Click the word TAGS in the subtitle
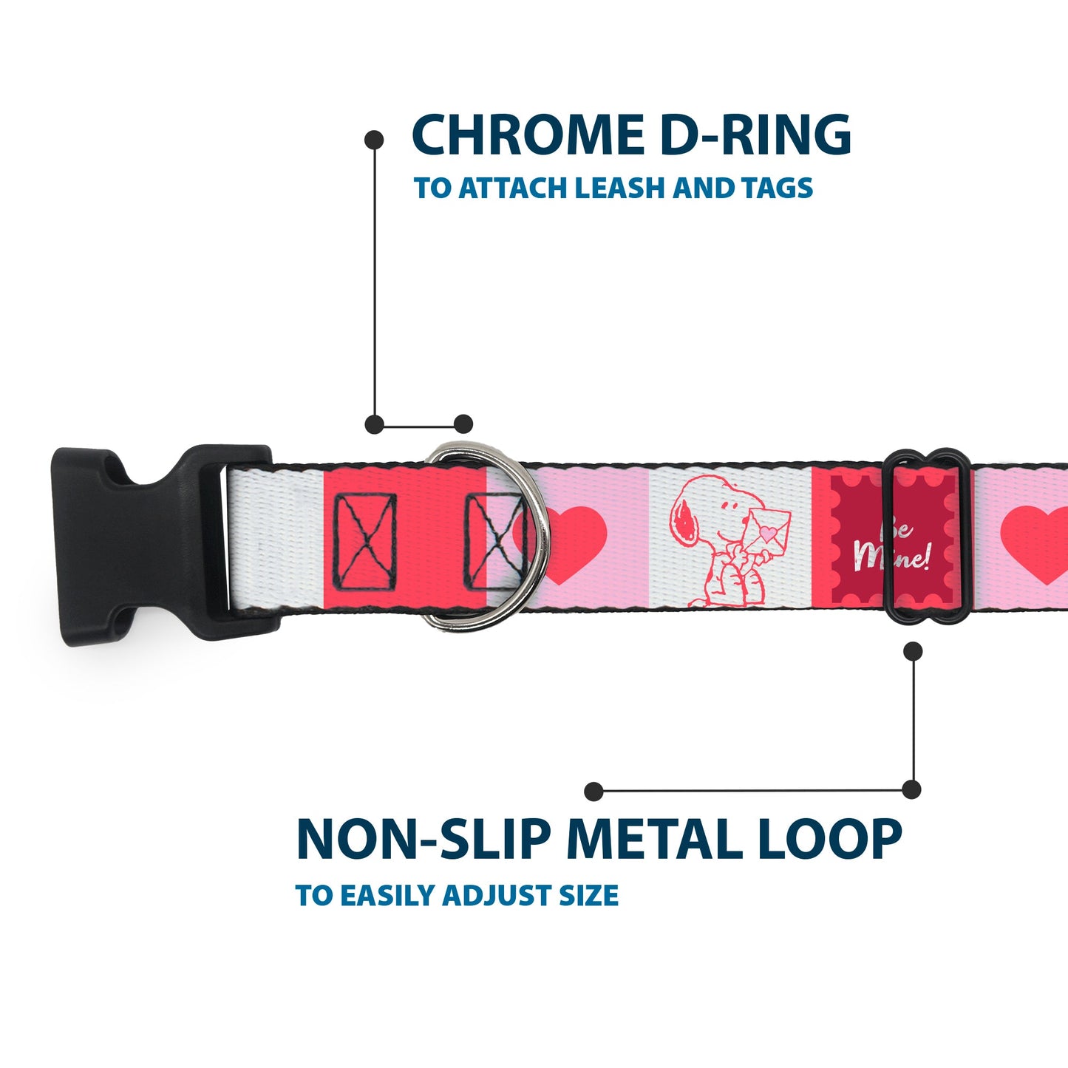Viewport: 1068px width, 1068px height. [x=777, y=188]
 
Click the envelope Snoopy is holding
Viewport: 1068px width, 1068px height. [x=769, y=529]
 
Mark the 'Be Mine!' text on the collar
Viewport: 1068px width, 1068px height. [x=891, y=547]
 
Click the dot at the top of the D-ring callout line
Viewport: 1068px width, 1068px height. [x=375, y=139]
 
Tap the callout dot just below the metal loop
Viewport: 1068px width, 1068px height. [x=914, y=651]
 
